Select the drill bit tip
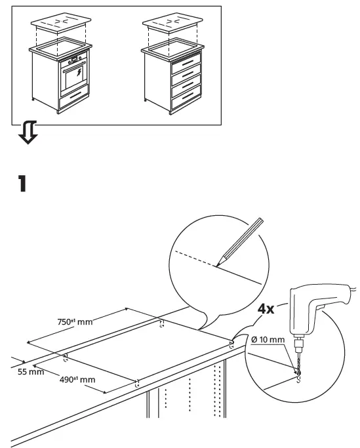[x=298, y=375]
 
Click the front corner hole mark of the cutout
[x=136, y=383]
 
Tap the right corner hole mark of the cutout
[x=233, y=343]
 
